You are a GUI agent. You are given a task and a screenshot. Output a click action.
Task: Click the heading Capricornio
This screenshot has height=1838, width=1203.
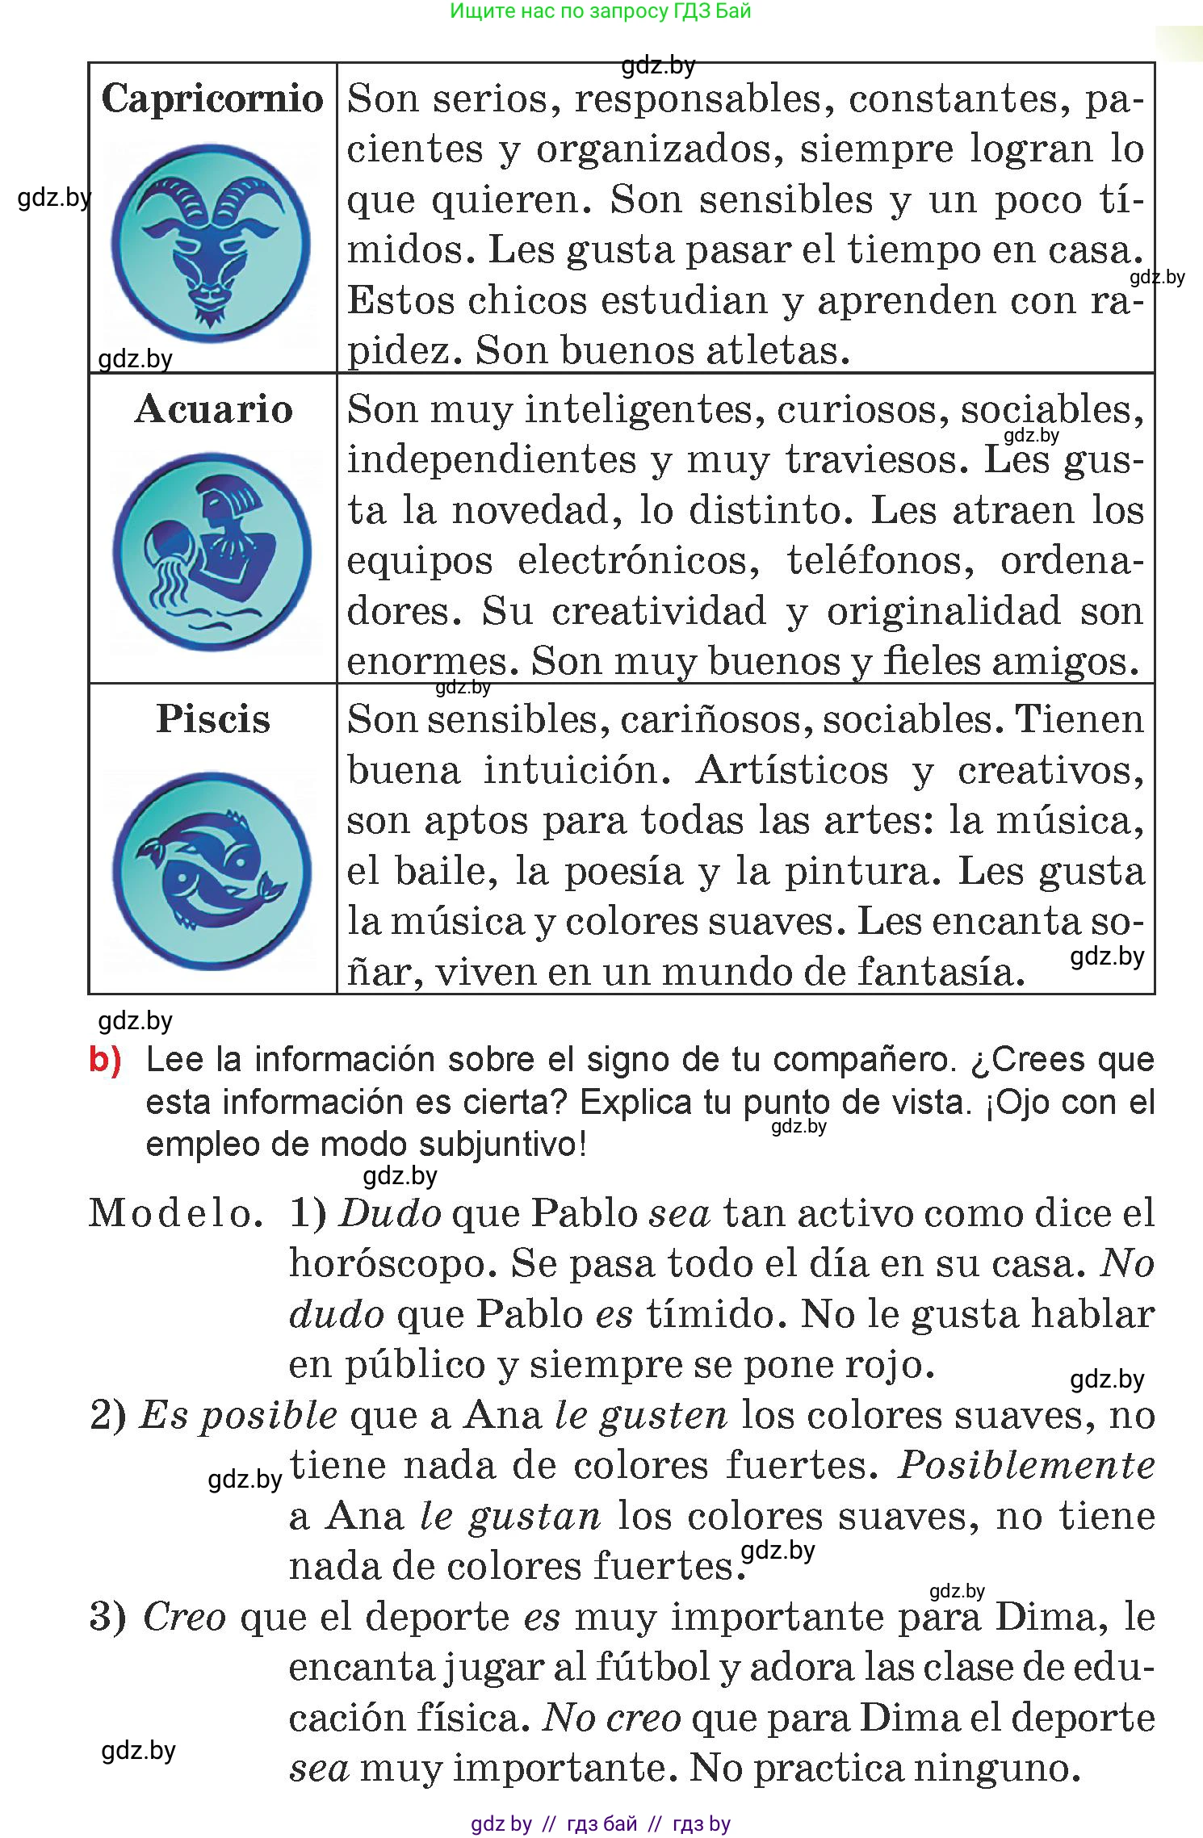pos(212,99)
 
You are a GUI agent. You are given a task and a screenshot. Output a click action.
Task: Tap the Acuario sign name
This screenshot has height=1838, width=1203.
pos(213,409)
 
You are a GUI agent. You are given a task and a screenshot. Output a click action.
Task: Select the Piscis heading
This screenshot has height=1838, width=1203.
pos(213,719)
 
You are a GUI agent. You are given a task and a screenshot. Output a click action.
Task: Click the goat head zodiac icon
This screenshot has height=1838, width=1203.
pos(211,244)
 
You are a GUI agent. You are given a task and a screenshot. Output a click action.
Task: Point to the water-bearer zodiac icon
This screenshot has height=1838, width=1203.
pos(212,552)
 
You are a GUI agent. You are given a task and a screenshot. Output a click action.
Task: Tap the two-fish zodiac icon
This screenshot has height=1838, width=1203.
pos(212,870)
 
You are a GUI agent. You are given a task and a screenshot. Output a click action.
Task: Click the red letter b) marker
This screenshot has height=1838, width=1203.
pos(105,1060)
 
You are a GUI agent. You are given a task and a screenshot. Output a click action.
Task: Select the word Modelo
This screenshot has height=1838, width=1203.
pos(175,1214)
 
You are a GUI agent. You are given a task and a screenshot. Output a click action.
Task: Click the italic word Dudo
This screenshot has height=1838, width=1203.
pos(390,1214)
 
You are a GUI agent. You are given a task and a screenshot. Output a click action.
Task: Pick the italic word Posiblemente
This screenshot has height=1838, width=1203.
pos(1025,1466)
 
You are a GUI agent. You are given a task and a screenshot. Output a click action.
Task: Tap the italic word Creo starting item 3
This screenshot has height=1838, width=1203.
pos(184,1618)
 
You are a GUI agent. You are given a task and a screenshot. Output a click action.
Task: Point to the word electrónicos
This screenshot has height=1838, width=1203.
pos(638,561)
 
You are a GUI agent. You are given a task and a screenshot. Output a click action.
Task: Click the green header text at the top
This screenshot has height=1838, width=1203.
pos(600,11)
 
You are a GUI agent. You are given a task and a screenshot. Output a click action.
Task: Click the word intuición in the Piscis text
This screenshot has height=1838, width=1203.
pos(577,771)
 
